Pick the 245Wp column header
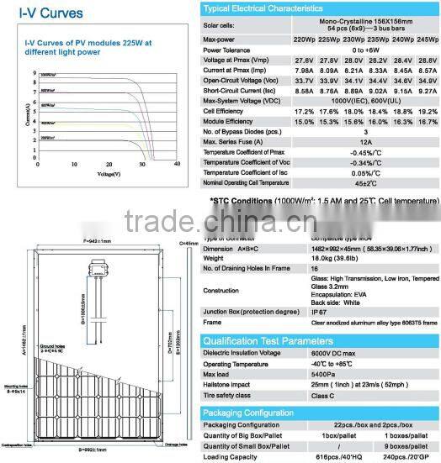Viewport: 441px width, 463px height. [428, 39]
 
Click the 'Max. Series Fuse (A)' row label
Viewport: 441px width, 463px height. [238, 143]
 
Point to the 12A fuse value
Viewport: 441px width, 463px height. [365, 143]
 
